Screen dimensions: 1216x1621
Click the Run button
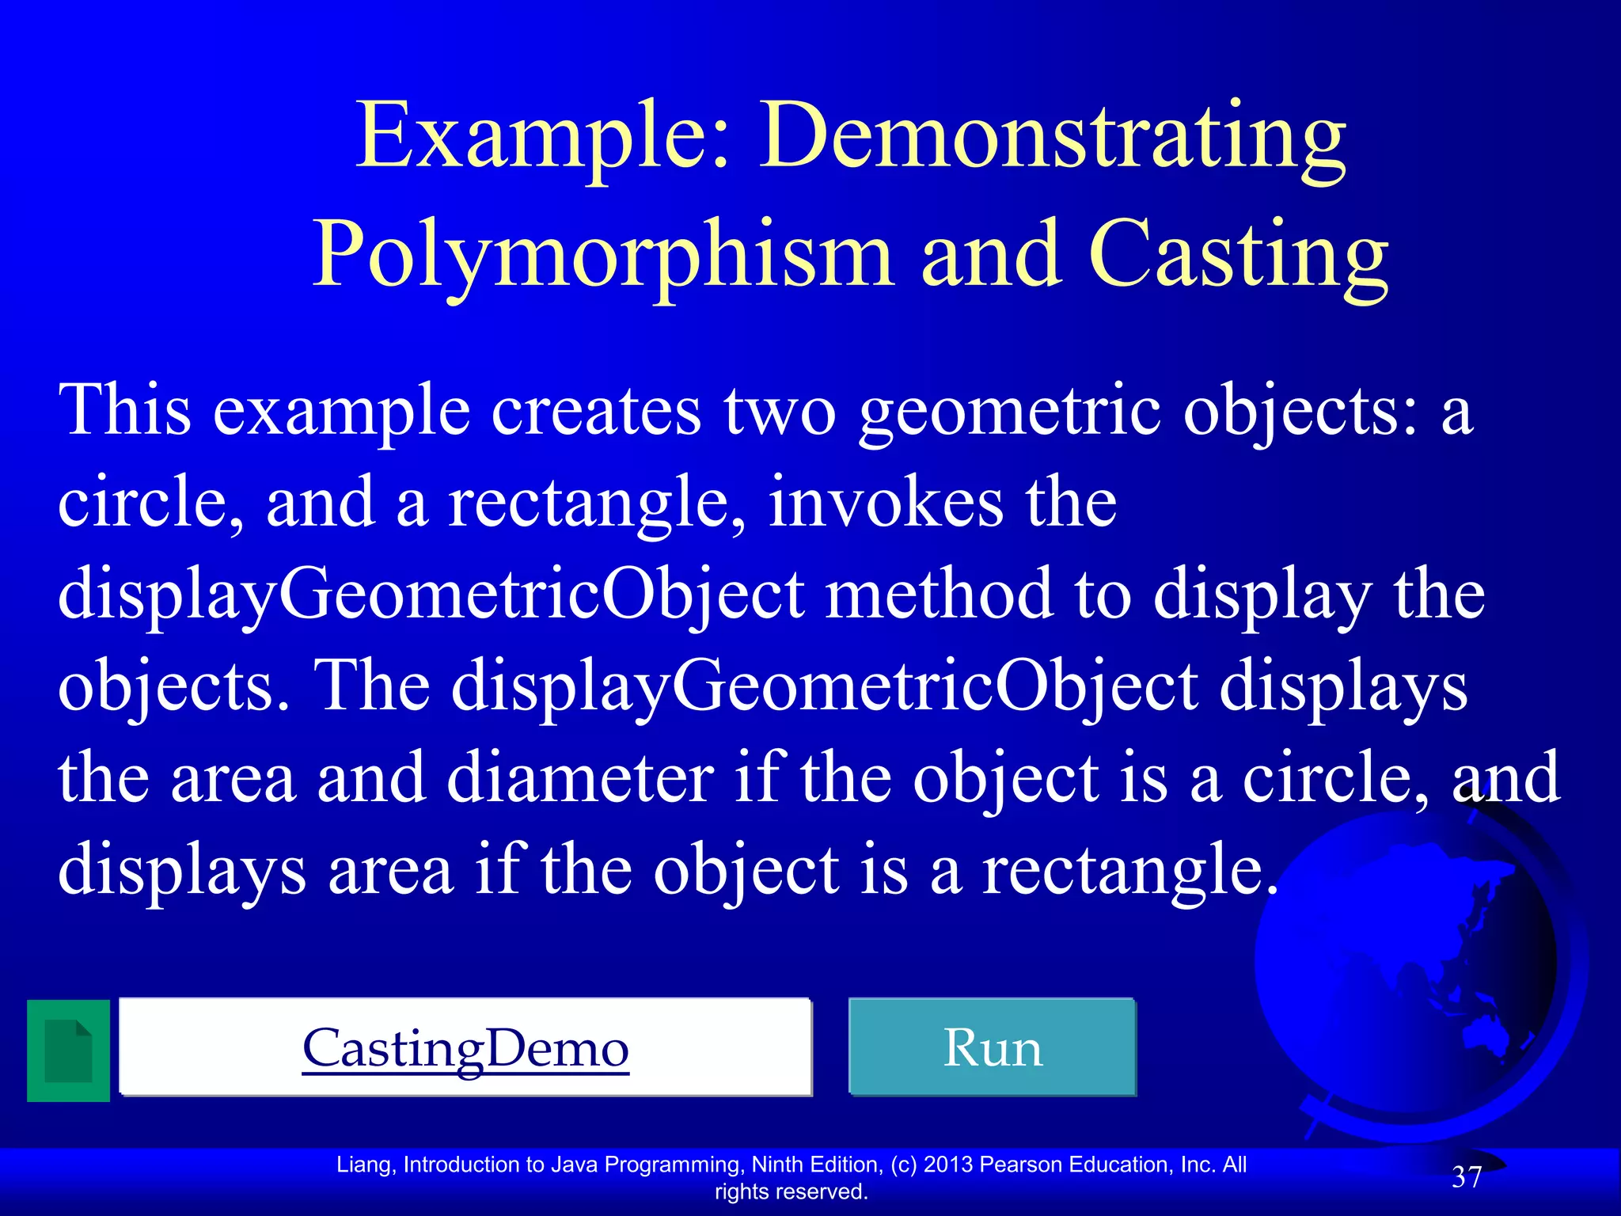(993, 1047)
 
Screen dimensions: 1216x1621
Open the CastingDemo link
(465, 1047)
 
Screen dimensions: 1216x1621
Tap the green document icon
(68, 1051)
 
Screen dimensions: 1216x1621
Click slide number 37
(1466, 1177)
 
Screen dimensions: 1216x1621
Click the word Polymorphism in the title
(603, 255)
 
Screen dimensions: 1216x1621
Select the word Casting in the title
(1239, 255)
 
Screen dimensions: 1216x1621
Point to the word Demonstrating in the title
(1053, 136)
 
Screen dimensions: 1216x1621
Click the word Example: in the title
(543, 136)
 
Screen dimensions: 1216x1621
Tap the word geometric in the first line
(1010, 412)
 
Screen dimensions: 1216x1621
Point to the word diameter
(579, 778)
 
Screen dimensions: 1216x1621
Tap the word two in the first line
(780, 412)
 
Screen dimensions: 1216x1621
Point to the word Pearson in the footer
(1021, 1165)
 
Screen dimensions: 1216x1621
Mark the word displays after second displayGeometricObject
(1343, 686)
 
